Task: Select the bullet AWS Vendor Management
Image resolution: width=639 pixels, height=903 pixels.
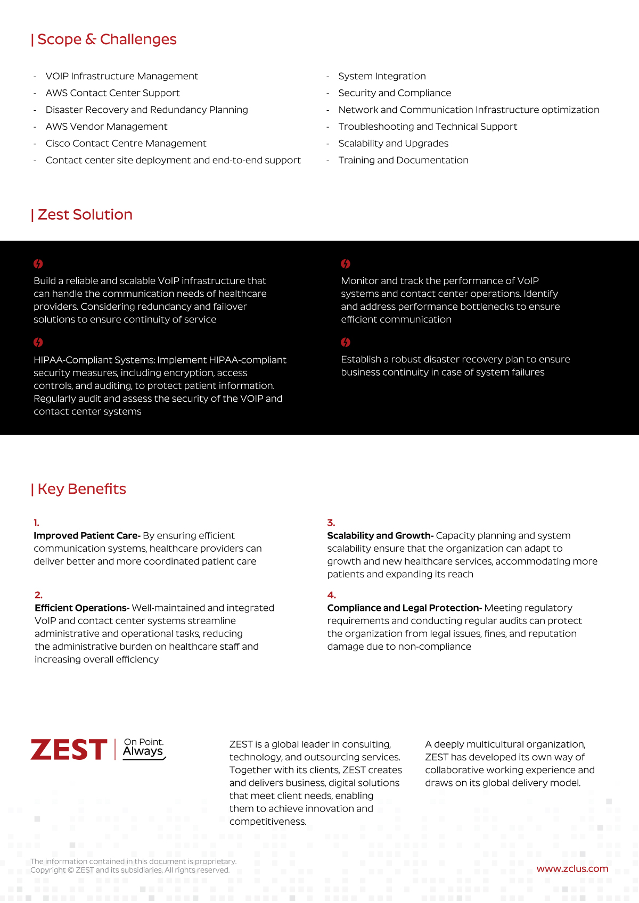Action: tap(106, 127)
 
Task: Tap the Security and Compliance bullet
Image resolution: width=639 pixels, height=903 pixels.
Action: tap(395, 93)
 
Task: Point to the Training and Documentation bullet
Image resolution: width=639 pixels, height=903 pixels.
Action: tap(403, 160)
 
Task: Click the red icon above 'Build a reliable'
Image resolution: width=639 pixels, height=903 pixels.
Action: tap(38, 264)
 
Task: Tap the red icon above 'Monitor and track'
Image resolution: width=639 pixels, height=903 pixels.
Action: tap(346, 264)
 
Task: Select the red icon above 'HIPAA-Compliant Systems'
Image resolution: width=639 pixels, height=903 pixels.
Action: tap(38, 342)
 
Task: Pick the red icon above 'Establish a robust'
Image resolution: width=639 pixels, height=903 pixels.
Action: tap(346, 342)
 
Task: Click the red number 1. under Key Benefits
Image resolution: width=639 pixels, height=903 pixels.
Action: tap(36, 523)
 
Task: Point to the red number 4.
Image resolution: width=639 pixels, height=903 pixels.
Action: tap(331, 595)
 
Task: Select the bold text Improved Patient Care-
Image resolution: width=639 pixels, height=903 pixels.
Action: tap(87, 535)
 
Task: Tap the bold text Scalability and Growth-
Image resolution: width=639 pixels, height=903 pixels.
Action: tap(380, 535)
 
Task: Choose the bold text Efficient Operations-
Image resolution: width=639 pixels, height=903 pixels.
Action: tap(82, 608)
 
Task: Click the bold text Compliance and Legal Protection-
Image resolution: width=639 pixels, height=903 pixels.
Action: tap(404, 608)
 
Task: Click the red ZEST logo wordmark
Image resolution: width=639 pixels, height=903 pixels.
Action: tap(69, 750)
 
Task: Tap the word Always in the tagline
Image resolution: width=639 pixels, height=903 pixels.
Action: tap(143, 751)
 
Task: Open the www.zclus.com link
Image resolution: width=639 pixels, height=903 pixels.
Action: tap(572, 868)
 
